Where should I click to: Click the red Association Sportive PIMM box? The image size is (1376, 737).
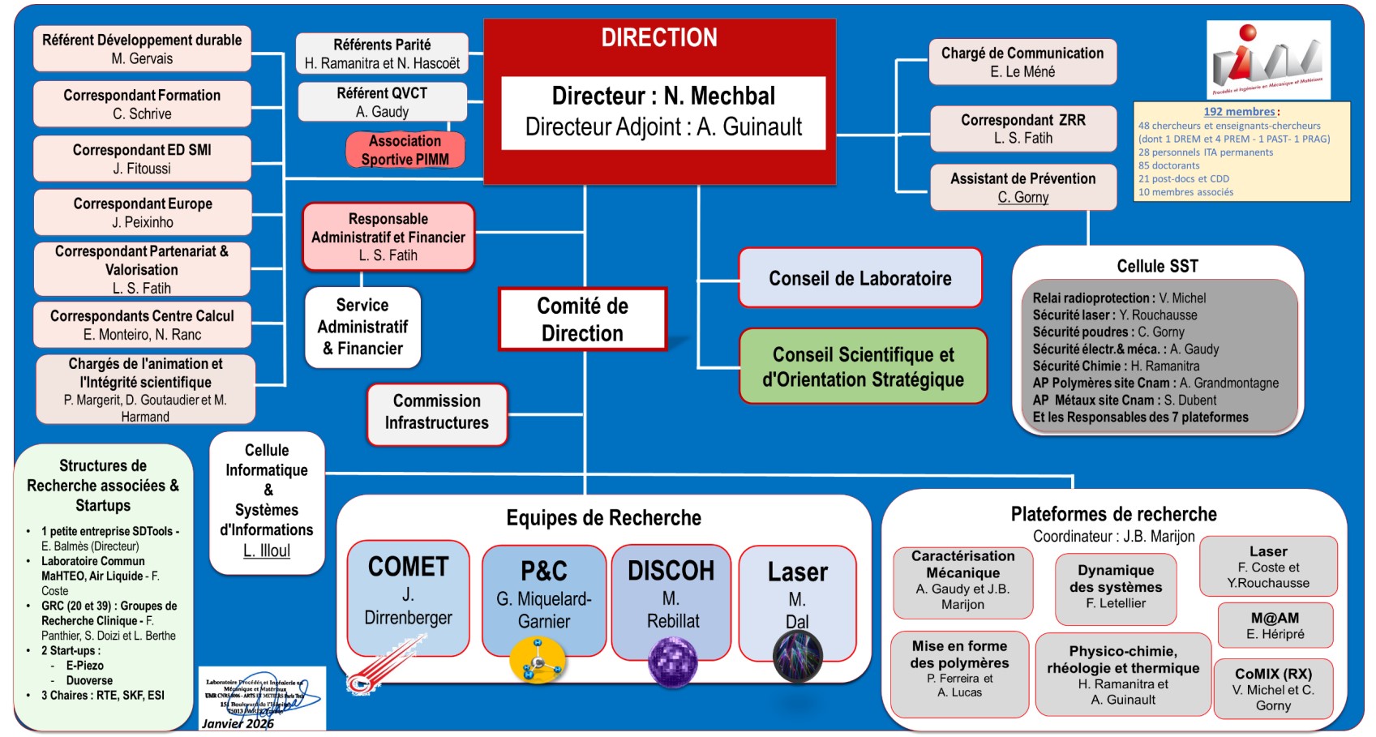point(405,150)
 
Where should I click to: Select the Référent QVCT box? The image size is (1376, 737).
point(382,102)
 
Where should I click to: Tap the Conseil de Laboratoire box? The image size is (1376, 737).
point(859,278)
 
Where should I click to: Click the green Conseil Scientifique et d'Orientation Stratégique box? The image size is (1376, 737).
point(863,366)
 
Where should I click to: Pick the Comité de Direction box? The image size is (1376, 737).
point(582,319)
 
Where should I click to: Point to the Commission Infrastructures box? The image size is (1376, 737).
point(436,412)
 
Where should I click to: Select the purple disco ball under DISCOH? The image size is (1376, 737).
point(672,661)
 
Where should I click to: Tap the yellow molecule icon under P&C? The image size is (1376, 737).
point(537,660)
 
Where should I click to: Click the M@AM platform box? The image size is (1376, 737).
point(1275,625)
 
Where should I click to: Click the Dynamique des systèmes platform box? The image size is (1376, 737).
point(1116,587)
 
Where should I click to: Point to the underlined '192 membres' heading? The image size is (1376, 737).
point(1239,112)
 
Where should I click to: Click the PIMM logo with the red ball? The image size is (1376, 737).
point(1268,58)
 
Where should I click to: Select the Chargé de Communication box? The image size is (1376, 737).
point(1022,62)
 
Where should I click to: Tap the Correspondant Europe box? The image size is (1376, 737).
point(143,212)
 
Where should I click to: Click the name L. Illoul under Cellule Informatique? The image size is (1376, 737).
point(267,551)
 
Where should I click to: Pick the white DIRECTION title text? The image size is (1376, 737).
point(659,38)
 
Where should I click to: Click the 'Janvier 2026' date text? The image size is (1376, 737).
point(238,723)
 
